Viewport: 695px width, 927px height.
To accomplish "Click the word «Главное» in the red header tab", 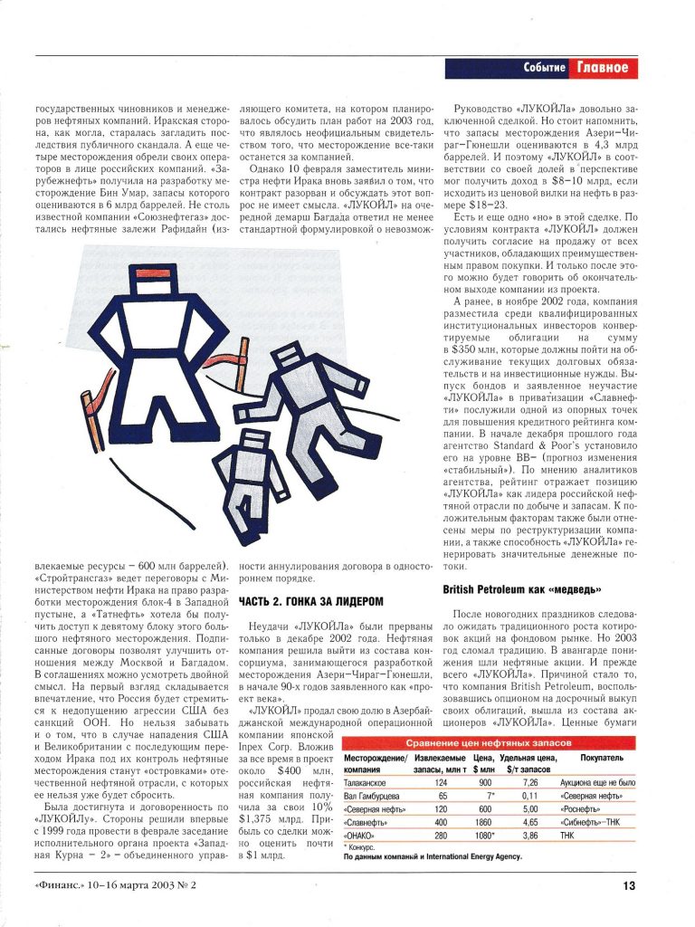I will (603, 68).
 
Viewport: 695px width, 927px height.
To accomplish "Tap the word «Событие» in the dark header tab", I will (545, 68).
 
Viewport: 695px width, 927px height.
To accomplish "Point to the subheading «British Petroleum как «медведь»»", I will (523, 589).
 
